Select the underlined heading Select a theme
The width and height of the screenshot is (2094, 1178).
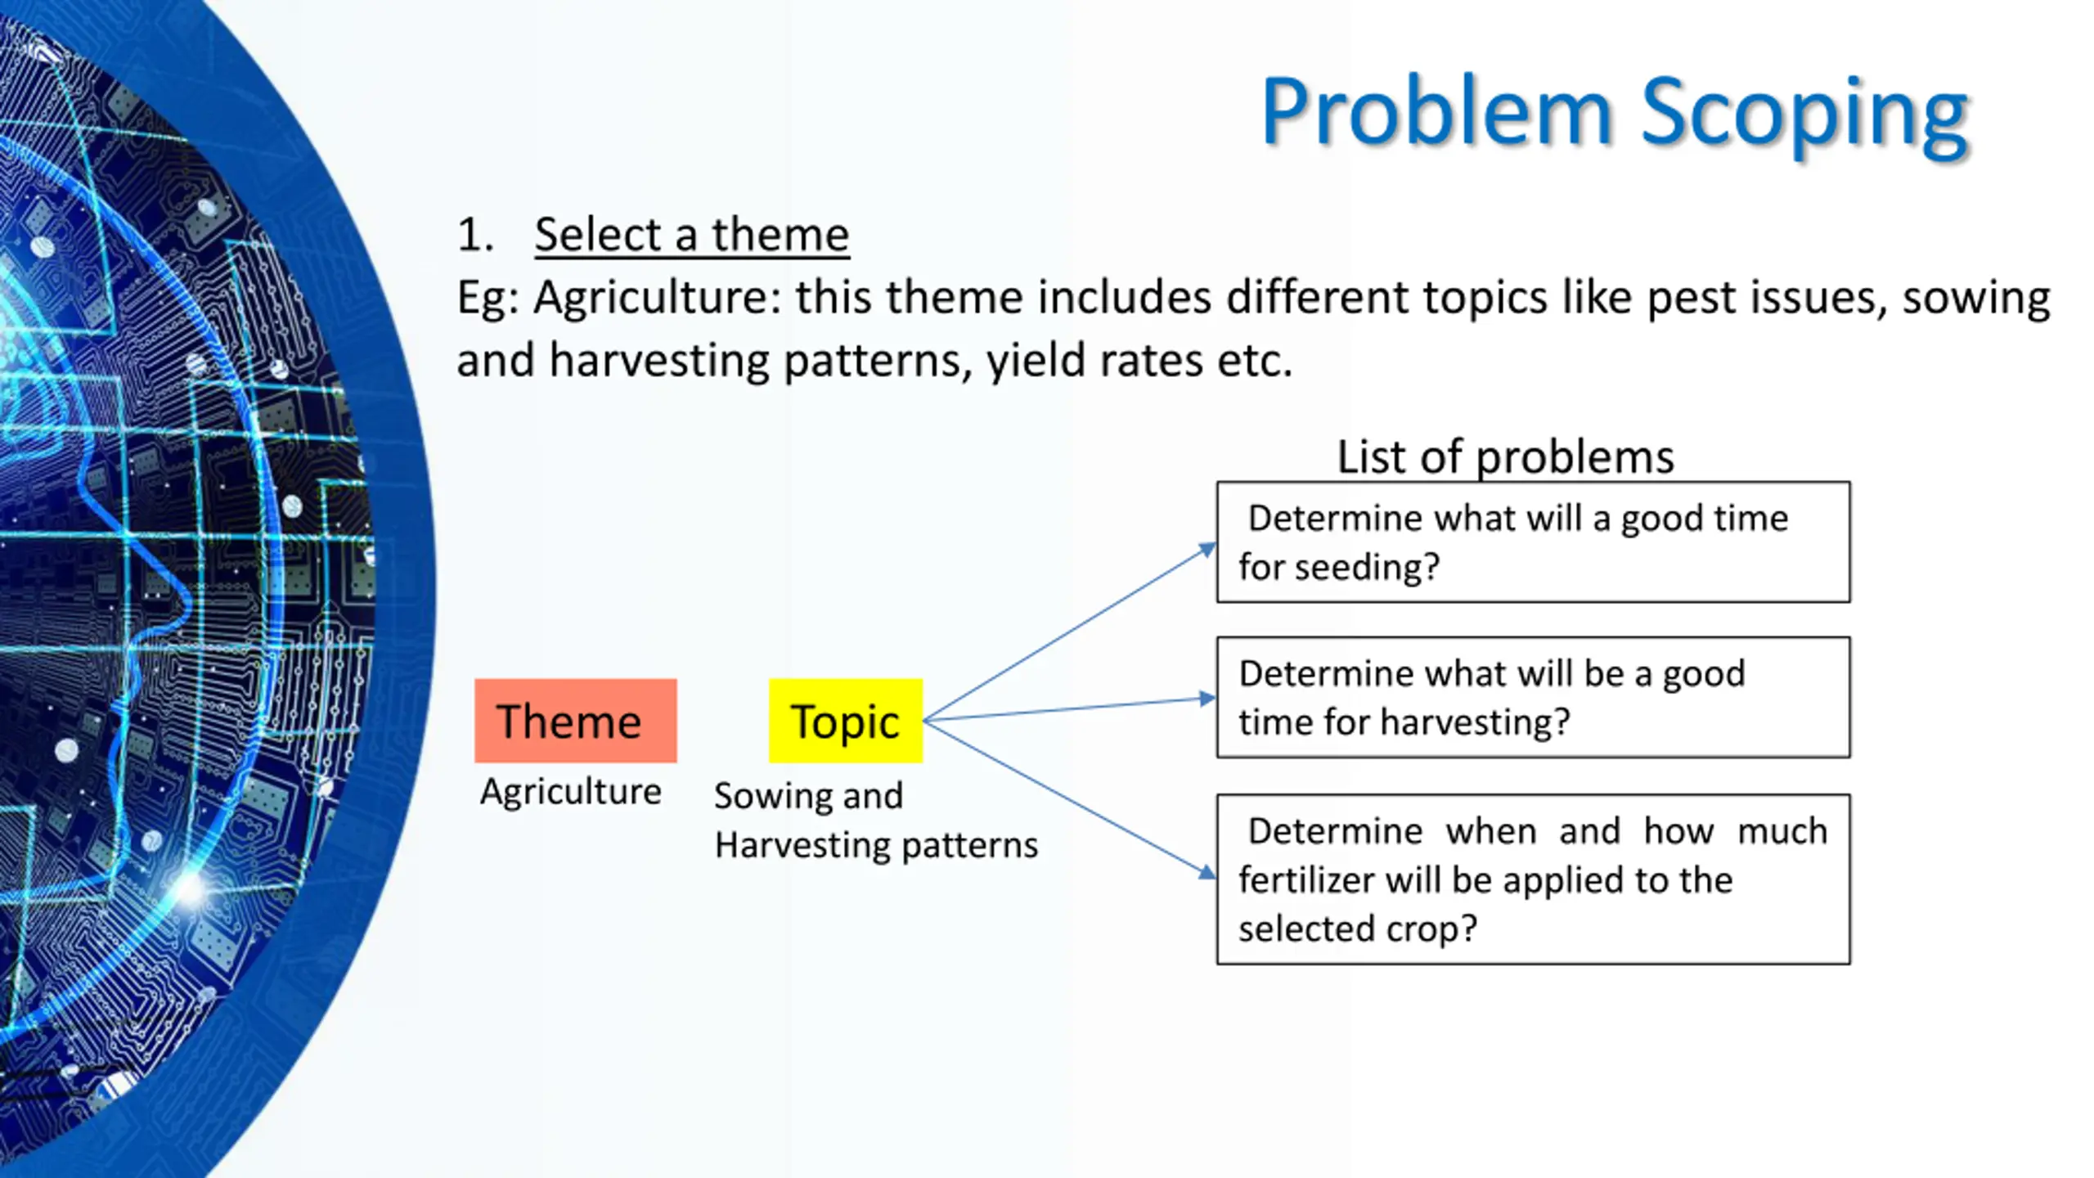click(692, 235)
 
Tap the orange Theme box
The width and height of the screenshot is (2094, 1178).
click(576, 721)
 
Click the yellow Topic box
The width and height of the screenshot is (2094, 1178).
click(846, 721)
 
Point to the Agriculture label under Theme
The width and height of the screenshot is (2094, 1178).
click(571, 792)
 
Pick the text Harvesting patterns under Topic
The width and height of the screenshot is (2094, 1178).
click(876, 845)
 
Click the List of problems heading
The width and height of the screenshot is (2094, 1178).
click(1505, 456)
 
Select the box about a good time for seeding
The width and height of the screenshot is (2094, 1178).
click(1534, 542)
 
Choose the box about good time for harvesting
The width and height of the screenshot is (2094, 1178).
click(1534, 698)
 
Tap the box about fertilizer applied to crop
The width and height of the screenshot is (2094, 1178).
click(1534, 879)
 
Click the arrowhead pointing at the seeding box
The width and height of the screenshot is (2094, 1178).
click(1208, 550)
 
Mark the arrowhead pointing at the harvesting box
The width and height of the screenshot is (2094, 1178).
click(1207, 699)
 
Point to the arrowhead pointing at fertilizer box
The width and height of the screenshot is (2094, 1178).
click(1207, 873)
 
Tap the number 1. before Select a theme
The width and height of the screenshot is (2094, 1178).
click(475, 235)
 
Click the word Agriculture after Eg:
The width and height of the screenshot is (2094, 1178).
click(659, 298)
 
